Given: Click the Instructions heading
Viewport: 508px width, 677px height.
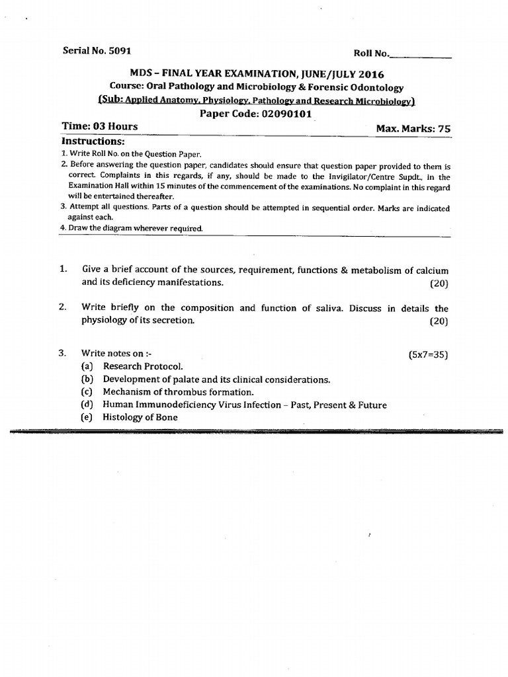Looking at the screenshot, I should point(93,141).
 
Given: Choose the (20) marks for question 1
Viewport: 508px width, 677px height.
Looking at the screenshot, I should point(437,283).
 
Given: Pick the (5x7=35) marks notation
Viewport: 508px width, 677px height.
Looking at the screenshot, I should point(429,354).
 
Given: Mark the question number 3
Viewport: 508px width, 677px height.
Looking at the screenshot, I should point(62,354).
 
